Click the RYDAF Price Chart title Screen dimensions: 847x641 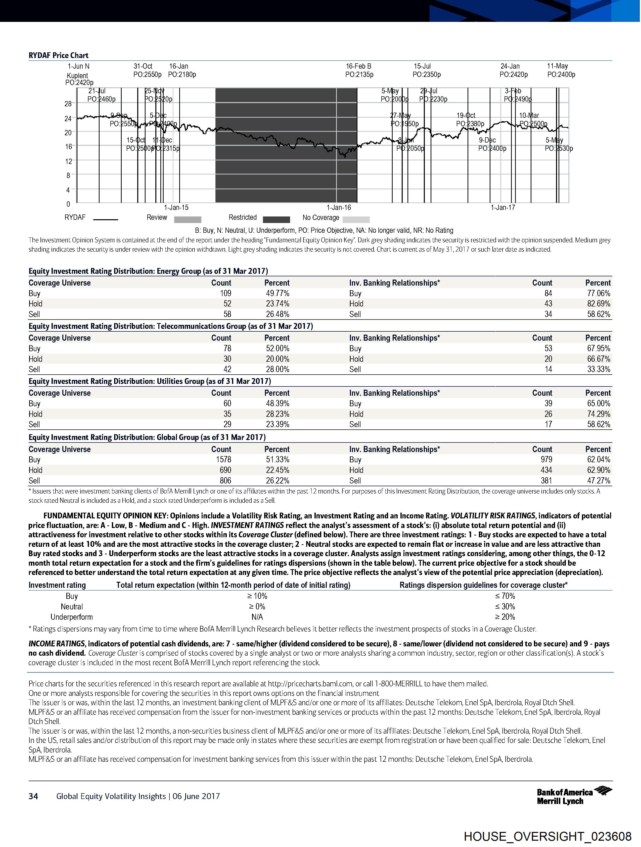[x=58, y=55]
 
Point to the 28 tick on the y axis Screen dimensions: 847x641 [x=68, y=104]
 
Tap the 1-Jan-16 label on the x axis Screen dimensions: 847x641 [x=339, y=207]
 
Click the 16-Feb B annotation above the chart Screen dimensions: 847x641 [x=358, y=66]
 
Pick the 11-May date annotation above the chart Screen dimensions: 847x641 [x=557, y=66]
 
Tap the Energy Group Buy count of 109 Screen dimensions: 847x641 [x=225, y=293]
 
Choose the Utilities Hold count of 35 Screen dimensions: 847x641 [x=227, y=414]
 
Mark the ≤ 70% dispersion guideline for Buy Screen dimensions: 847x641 [x=505, y=596]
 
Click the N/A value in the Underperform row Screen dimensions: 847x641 [x=257, y=617]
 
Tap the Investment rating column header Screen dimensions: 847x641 [x=57, y=585]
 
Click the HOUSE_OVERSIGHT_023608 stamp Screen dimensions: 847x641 [x=547, y=836]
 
